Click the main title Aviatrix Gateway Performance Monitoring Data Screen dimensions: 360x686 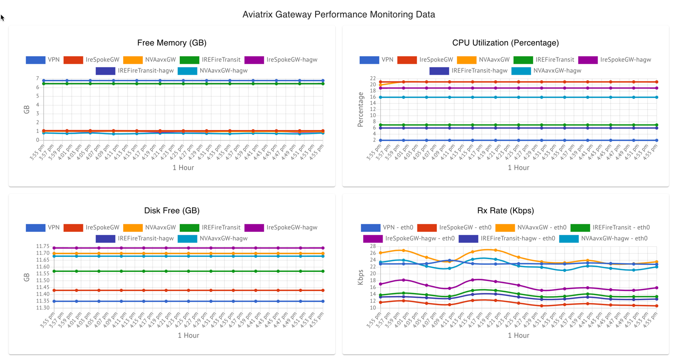(x=338, y=15)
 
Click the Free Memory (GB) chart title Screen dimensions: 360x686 (x=172, y=43)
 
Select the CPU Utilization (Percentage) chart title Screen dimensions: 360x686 (x=505, y=43)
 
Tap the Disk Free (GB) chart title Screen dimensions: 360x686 (x=172, y=211)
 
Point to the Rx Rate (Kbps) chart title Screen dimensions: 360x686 (x=505, y=211)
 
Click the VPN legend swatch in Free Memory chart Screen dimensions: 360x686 (x=36, y=60)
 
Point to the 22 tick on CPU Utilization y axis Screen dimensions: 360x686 (x=373, y=78)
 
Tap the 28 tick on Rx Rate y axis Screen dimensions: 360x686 (x=373, y=246)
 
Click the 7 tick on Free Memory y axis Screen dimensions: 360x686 (x=37, y=78)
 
